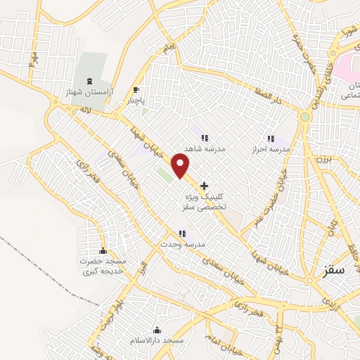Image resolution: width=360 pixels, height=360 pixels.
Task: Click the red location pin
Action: coord(181,166)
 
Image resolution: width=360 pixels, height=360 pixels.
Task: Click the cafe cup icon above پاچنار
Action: coord(136,89)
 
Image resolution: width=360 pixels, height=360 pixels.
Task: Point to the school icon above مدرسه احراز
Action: coord(271,139)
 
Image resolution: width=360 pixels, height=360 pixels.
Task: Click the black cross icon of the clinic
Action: coord(205,186)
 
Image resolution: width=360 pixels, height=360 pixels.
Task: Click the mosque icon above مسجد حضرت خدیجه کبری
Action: coord(103,252)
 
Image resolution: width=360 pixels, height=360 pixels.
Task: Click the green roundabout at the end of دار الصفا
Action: coord(304,117)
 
